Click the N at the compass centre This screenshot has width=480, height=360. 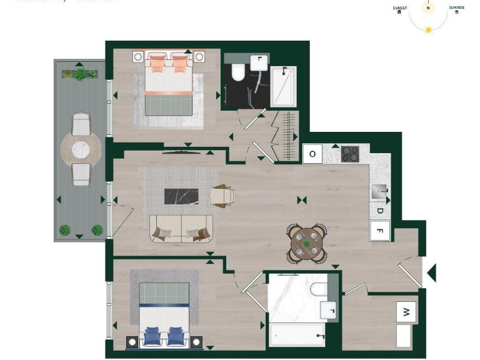click(x=428, y=8)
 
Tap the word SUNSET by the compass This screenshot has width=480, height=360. click(x=400, y=8)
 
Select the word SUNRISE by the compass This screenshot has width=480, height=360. click(x=456, y=8)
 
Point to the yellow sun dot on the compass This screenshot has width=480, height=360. click(x=428, y=30)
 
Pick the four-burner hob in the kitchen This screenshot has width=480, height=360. click(x=350, y=154)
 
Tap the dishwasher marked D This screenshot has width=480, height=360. click(x=379, y=211)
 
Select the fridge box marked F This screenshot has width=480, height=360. click(x=379, y=231)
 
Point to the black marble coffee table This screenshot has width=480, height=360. click(x=181, y=196)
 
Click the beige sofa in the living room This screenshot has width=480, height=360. click(x=181, y=229)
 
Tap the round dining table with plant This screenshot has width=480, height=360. click(x=307, y=242)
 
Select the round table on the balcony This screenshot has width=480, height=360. click(x=81, y=149)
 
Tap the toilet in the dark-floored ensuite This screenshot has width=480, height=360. click(x=237, y=73)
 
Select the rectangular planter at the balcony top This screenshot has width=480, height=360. click(x=80, y=74)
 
